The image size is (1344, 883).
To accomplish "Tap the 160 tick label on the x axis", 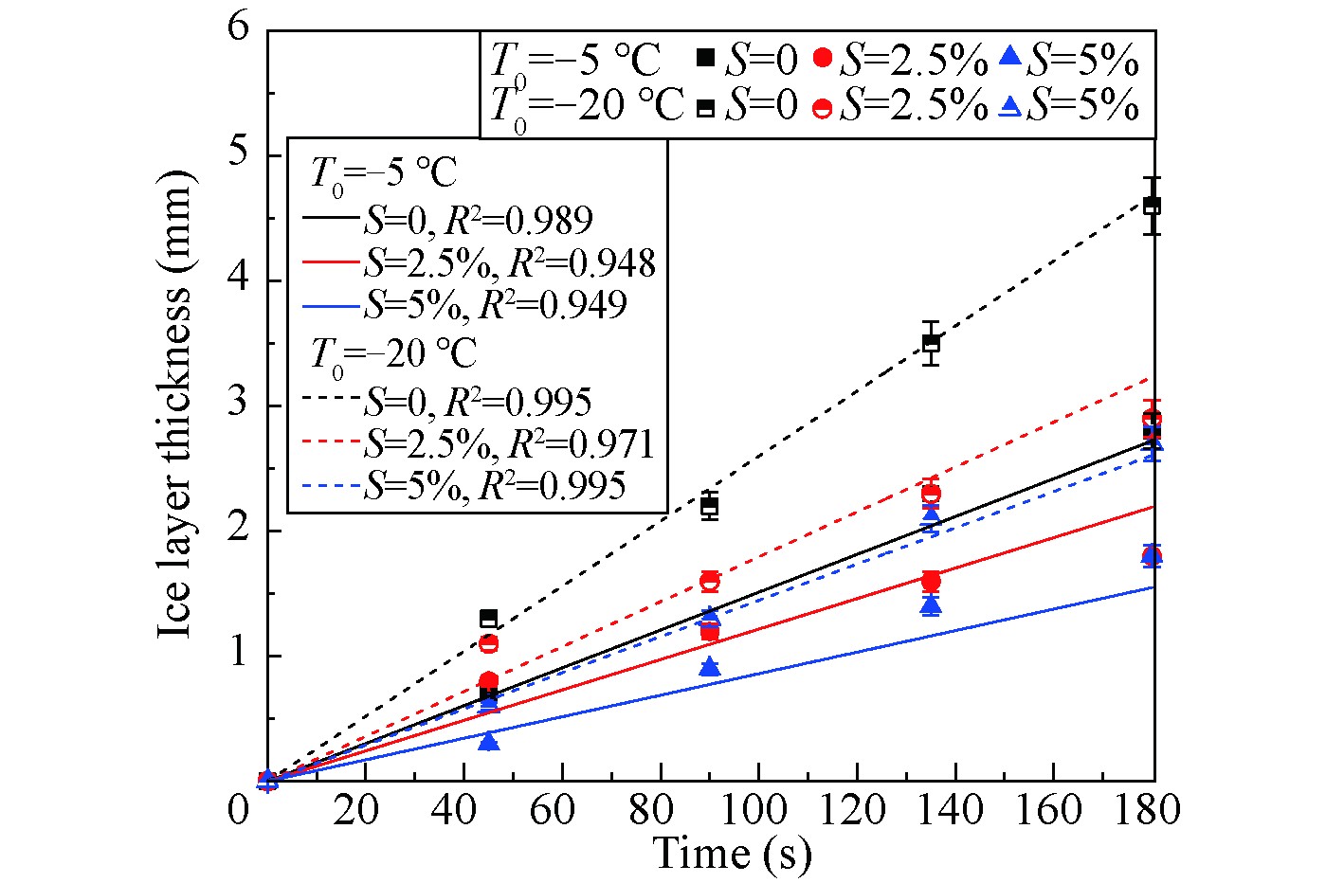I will pos(1053,810).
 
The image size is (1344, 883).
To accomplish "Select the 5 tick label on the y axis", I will pos(239,153).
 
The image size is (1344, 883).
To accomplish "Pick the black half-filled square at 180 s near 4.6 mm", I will pos(1152,206).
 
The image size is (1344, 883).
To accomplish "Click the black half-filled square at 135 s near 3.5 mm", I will pos(931,343).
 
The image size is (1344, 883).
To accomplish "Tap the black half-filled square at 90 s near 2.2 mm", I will pos(709,506).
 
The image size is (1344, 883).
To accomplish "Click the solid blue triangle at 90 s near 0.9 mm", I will pos(709,668).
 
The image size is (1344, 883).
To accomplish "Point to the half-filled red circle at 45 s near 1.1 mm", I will pos(488,644).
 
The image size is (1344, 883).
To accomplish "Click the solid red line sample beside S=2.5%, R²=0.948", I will pos(332,262).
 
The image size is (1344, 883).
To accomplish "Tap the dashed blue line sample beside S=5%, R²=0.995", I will pos(332,486).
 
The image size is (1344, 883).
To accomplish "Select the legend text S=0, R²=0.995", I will pos(478,402).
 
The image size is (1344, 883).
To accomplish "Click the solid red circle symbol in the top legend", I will pos(823,59).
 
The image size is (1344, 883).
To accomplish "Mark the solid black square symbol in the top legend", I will pos(705,59).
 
